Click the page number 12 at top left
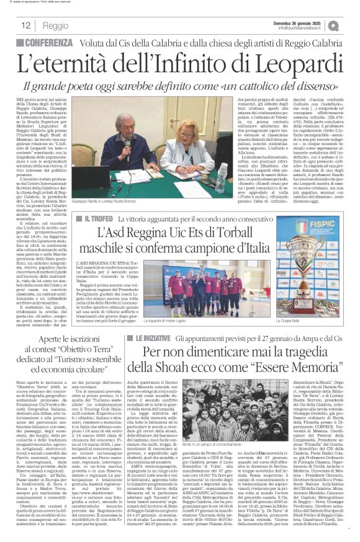26,25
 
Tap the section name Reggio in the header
55,25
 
